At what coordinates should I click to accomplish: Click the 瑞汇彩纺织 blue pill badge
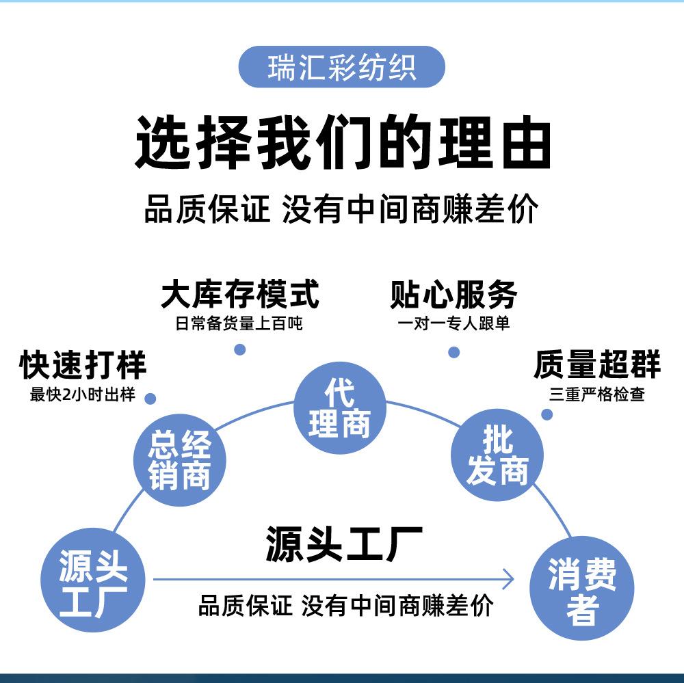click(x=341, y=67)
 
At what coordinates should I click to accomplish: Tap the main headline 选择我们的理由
click(x=343, y=142)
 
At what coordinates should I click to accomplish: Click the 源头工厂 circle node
click(x=92, y=580)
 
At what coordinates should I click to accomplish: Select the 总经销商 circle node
click(x=180, y=459)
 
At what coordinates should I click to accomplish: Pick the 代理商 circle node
click(x=340, y=407)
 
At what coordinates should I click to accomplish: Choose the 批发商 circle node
click(x=497, y=455)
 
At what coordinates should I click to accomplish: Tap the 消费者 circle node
click(x=582, y=588)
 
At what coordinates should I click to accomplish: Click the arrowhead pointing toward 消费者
click(x=509, y=580)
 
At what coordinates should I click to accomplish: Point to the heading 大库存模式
click(x=240, y=295)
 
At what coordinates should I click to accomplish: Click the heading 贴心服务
click(x=453, y=295)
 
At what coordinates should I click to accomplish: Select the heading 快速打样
click(x=83, y=364)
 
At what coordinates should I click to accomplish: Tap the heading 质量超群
click(x=596, y=364)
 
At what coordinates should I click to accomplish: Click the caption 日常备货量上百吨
click(x=239, y=323)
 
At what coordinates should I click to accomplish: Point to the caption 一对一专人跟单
click(x=453, y=323)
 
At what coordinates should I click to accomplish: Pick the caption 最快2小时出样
click(x=83, y=394)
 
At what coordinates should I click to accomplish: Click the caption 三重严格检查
click(x=596, y=394)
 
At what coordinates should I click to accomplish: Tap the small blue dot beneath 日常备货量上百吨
click(x=240, y=349)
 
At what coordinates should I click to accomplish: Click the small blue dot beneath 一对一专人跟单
click(x=454, y=352)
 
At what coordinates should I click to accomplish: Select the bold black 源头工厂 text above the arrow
click(x=344, y=544)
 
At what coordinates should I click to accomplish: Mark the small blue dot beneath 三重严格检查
click(x=547, y=414)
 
